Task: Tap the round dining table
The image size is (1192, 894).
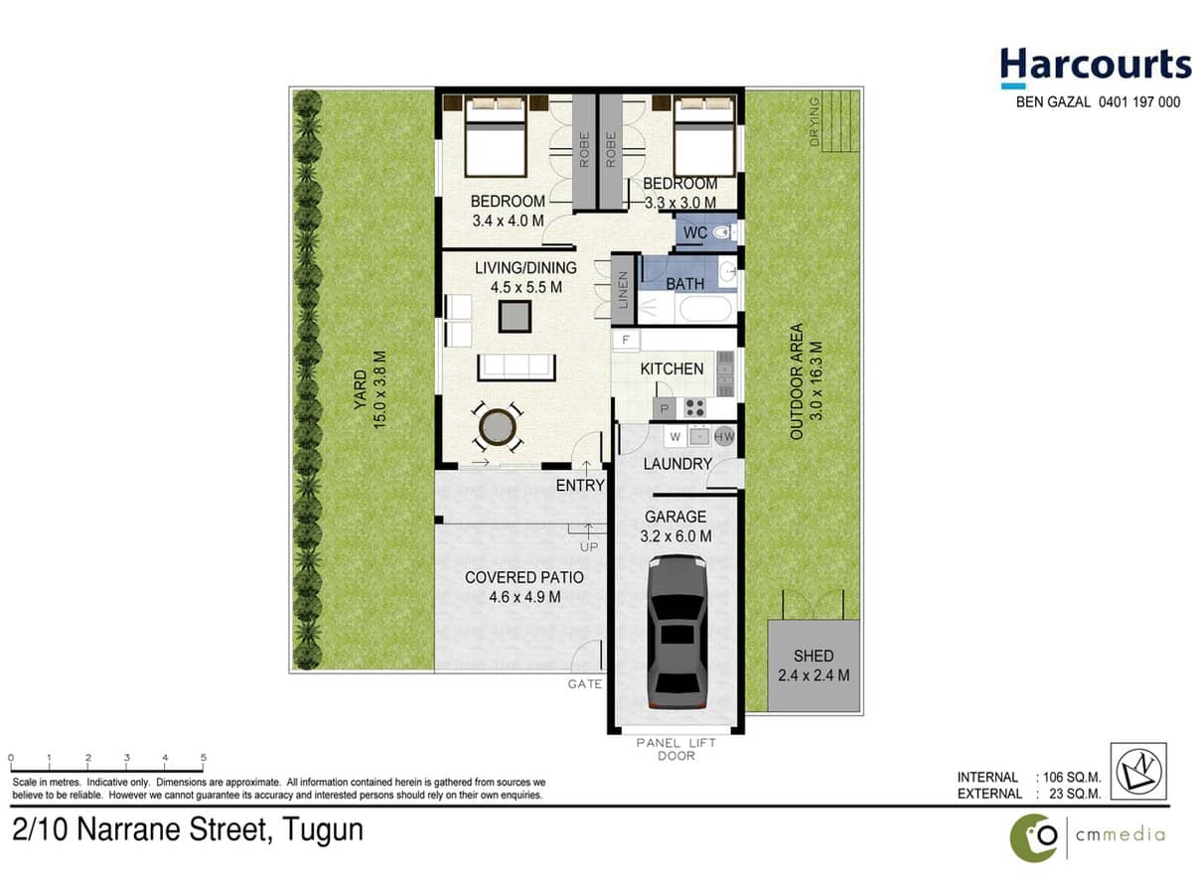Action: (497, 428)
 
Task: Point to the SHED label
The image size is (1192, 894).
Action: (814, 656)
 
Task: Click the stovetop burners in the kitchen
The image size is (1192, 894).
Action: (694, 407)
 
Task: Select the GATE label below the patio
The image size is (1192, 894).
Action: (585, 684)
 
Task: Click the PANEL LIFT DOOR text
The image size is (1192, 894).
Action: (675, 749)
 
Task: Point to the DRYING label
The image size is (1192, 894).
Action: (815, 121)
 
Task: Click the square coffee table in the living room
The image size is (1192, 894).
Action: (515, 316)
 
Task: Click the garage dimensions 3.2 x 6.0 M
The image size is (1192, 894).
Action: (675, 536)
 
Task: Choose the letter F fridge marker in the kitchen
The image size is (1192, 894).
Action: (626, 341)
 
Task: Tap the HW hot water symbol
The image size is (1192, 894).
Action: (724, 436)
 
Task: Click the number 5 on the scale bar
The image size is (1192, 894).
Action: (204, 758)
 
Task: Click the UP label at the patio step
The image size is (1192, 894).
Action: (588, 546)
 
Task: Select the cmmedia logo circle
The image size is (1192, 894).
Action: (1034, 836)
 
